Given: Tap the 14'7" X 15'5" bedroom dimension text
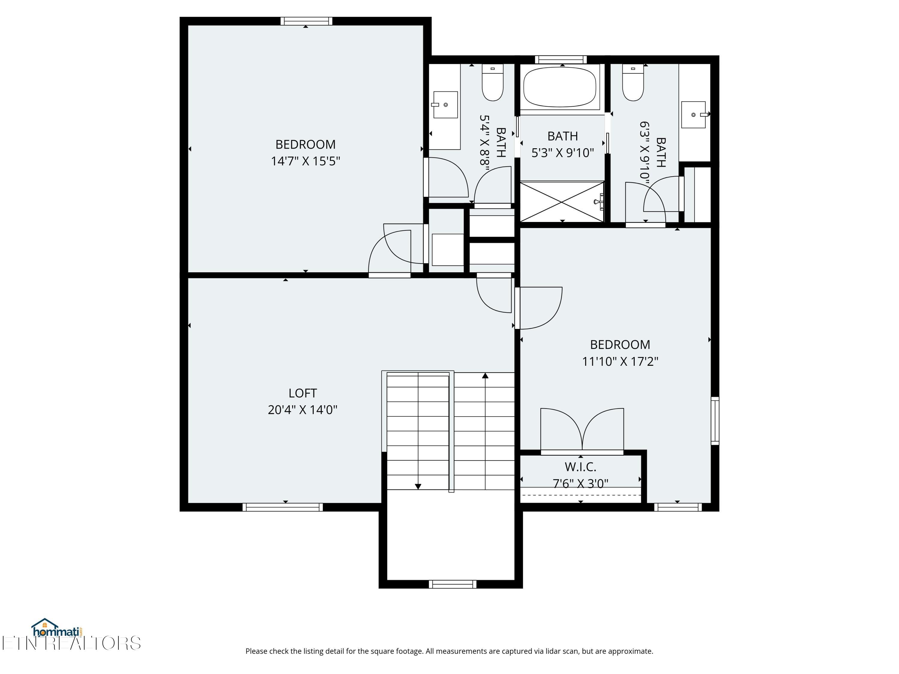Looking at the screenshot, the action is [x=305, y=161].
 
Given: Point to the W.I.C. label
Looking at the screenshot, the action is [x=580, y=467].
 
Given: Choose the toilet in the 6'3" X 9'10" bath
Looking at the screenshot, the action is [x=633, y=82].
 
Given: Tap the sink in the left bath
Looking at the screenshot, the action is [x=445, y=105].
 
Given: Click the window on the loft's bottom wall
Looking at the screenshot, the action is [x=283, y=507].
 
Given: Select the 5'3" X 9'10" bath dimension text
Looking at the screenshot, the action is [x=562, y=153].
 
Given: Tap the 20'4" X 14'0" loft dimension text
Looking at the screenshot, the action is [x=302, y=409].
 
